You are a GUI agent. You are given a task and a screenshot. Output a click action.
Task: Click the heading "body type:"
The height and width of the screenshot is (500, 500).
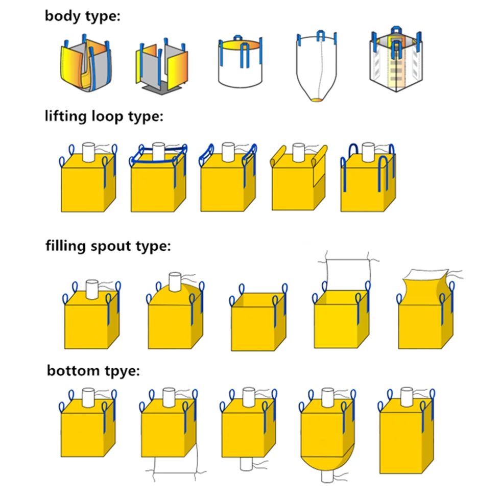coord(82,15)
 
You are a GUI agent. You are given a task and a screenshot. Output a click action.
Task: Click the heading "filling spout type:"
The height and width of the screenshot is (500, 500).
coord(108,246)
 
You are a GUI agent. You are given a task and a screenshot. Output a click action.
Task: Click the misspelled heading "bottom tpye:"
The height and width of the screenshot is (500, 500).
coord(93,370)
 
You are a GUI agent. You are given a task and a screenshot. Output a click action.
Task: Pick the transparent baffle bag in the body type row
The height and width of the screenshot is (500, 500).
coord(396,64)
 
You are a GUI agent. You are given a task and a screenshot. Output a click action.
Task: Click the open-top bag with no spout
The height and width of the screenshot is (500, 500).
coord(257,322)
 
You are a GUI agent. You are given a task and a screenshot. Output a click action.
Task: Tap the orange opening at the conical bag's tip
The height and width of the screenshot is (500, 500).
coord(317,100)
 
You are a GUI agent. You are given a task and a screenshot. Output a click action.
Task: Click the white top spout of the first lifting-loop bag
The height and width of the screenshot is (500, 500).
coord(90,151)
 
